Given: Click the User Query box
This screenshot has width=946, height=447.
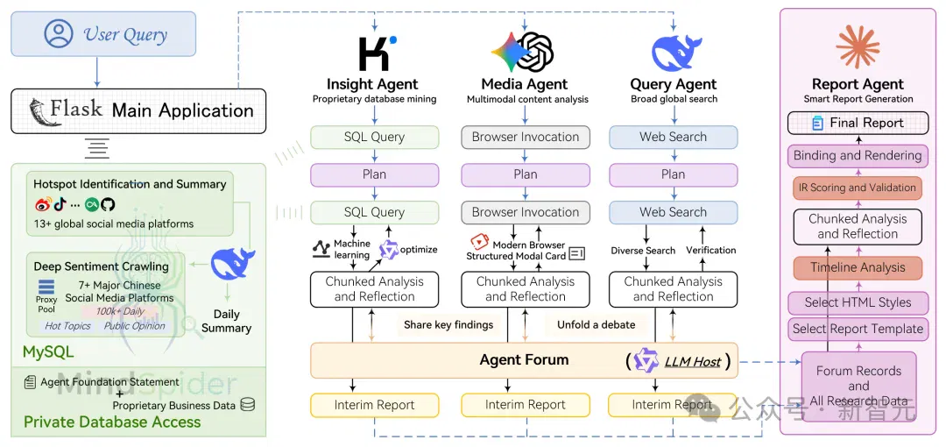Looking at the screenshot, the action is pos(103,34).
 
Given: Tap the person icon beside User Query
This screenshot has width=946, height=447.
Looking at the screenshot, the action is pos(59,34).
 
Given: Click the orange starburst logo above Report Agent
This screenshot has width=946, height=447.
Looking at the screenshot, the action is pos(858,46).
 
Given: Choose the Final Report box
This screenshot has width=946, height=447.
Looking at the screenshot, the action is pos(858,123).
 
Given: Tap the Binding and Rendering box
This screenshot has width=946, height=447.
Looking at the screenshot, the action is pos(858,155).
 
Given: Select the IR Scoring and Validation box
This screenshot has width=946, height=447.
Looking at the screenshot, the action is pos(858,188).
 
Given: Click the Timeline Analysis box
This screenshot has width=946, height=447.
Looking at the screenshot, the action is pos(858,267).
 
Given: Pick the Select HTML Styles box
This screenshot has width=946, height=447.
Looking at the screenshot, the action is pos(858,302).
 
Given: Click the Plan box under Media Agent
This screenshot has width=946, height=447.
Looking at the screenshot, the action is pos(526,174).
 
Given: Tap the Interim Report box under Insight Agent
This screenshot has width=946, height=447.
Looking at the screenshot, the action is pos(375,405).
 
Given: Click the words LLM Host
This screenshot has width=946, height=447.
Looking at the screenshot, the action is pos(693,362).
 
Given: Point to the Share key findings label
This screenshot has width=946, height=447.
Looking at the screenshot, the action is pos(448,325).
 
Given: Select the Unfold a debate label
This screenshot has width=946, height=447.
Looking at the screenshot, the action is pos(597,325).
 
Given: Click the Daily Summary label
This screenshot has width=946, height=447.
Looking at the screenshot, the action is pos(226,322).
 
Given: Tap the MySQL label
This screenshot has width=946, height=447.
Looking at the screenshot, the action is pos(48,351).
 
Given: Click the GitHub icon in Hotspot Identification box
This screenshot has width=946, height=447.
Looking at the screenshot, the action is pos(108,204).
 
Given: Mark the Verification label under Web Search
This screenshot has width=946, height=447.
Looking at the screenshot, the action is pos(710,250).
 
